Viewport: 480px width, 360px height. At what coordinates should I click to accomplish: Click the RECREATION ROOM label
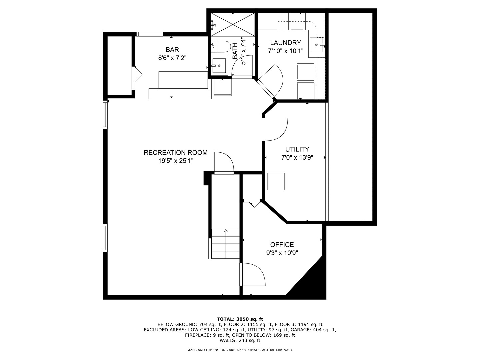(175, 153)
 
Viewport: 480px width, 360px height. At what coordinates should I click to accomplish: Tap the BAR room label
(172, 50)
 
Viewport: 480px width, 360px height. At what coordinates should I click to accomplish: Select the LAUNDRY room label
(285, 43)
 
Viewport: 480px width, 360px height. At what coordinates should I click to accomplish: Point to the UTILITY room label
(297, 149)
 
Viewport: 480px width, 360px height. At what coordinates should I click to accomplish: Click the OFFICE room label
(282, 245)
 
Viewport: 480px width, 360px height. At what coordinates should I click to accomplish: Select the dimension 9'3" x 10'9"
(282, 253)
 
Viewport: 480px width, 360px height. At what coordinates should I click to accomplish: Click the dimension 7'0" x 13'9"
(297, 157)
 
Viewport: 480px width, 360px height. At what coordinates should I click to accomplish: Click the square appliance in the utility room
(276, 182)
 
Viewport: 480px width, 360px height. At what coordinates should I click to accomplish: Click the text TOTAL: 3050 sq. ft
(240, 319)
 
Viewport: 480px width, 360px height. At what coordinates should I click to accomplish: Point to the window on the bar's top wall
(149, 34)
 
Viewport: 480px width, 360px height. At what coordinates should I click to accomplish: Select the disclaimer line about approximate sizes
(240, 350)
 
